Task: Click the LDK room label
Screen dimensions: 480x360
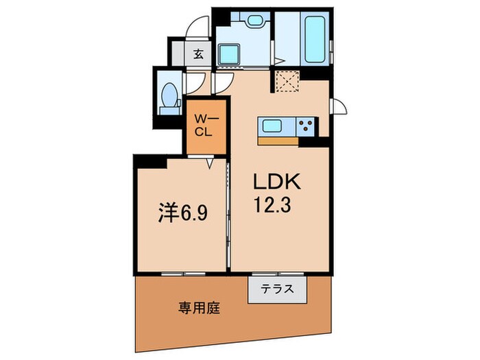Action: (276, 182)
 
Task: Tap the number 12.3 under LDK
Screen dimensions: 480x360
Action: (272, 204)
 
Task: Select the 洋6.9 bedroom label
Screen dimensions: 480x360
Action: (183, 213)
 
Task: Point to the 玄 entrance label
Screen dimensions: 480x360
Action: (198, 54)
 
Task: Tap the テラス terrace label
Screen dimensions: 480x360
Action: (277, 289)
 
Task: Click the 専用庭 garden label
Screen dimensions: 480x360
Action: (200, 308)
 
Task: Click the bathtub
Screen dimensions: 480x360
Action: (315, 38)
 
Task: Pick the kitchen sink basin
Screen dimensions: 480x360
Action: (272, 125)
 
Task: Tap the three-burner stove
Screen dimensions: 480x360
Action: (307, 125)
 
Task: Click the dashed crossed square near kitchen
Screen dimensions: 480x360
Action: (287, 81)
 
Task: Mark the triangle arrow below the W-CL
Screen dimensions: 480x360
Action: (210, 164)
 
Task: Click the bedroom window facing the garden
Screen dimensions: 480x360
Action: (183, 274)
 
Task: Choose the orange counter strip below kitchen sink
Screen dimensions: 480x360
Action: (278, 141)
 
